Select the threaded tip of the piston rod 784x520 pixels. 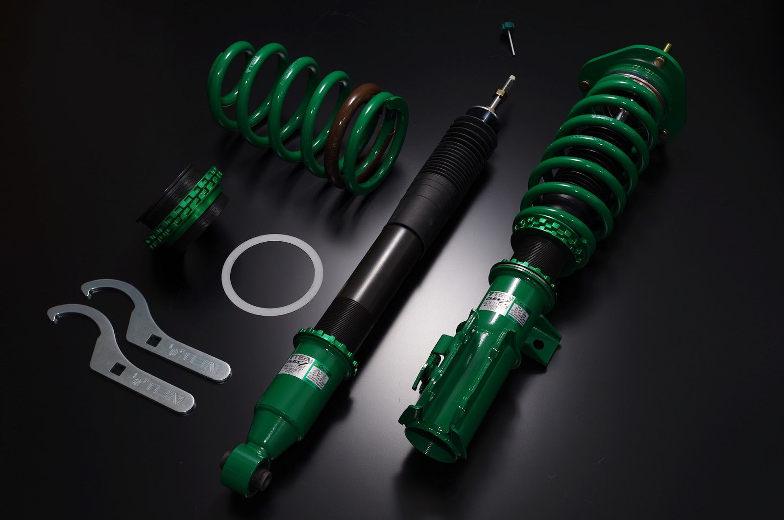click(513, 81)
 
